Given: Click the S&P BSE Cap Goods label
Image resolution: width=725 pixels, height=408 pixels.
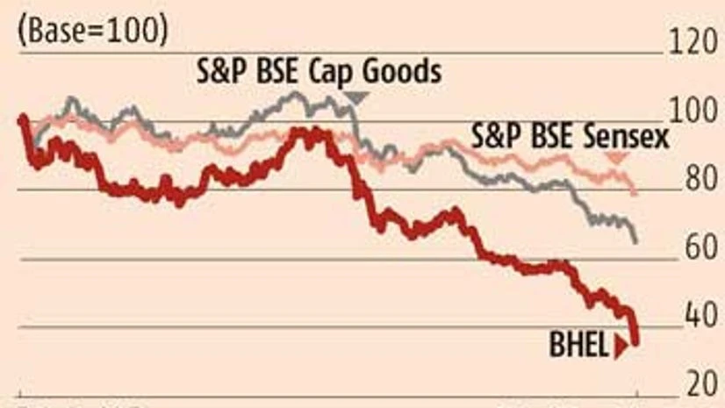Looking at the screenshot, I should pyautogui.click(x=317, y=71).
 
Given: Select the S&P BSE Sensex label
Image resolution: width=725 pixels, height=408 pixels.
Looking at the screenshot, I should pyautogui.click(x=570, y=136).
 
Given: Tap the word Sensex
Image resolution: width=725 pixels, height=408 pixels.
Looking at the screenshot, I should pyautogui.click(x=627, y=136).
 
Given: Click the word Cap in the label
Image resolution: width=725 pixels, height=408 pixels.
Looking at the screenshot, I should pyautogui.click(x=328, y=71).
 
